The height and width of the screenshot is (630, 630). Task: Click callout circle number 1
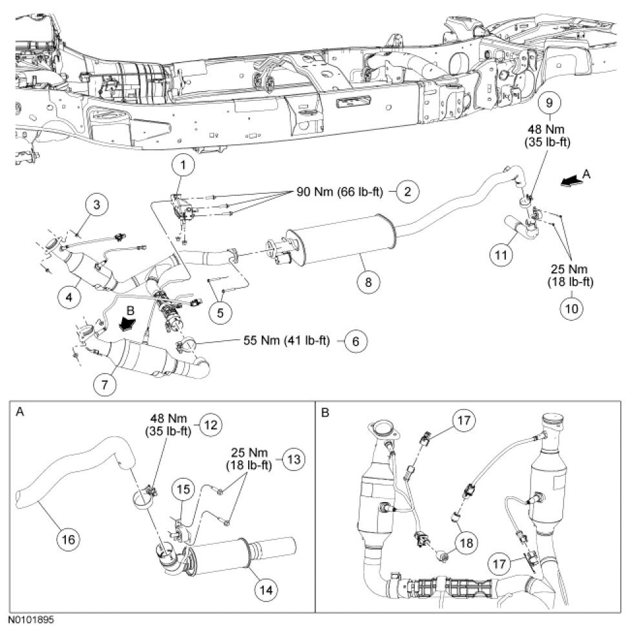pos(184,165)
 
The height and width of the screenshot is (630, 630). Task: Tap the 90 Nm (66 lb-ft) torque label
pos(340,192)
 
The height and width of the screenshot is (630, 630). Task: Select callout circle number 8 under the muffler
pos(368,282)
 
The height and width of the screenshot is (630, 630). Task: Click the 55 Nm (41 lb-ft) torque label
pos(286,341)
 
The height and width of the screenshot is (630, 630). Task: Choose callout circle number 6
pos(355,341)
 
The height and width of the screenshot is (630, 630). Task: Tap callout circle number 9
pos(549,103)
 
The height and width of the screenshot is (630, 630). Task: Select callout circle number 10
pos(571,309)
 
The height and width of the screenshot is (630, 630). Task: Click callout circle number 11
pos(501,255)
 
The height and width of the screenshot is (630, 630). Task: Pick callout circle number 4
pos(69,297)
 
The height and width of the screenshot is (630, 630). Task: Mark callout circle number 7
pos(105,384)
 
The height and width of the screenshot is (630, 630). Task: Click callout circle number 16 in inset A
pos(68,539)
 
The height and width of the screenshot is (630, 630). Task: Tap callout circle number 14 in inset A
pos(266,590)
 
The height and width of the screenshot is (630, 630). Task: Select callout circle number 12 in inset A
pos(211,425)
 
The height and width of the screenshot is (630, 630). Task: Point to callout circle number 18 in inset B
pos(466,543)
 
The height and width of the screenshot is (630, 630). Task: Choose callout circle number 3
pos(96,205)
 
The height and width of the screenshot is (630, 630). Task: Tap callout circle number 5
pos(220,312)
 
